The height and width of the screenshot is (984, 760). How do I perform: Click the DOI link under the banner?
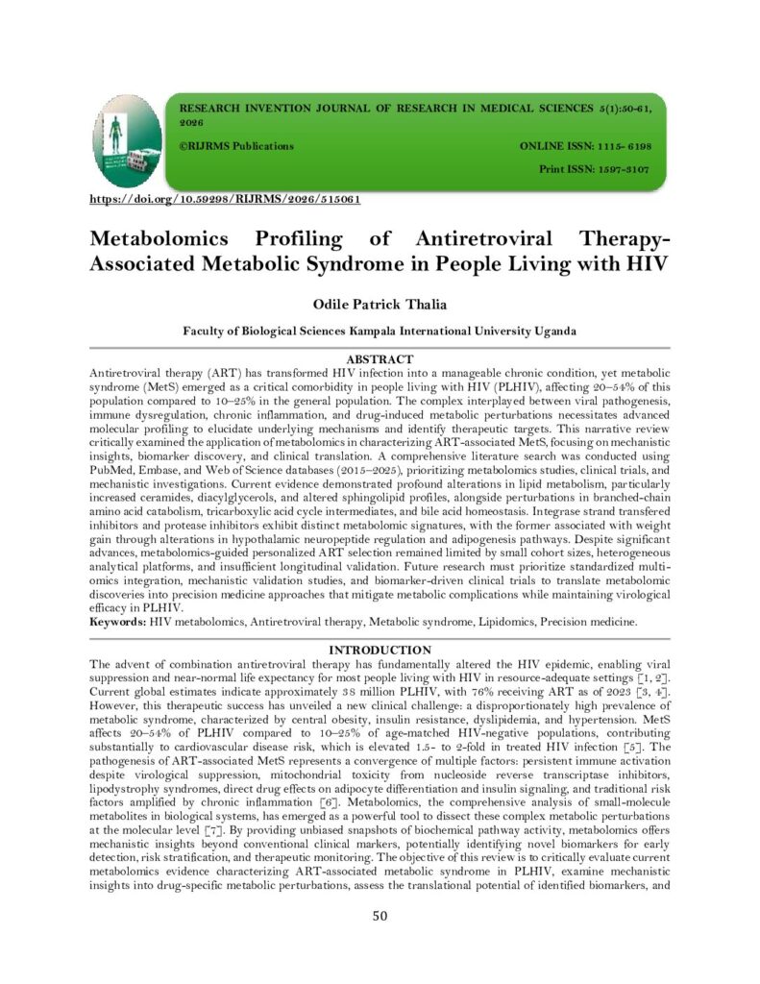click(x=224, y=200)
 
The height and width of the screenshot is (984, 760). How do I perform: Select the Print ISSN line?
click(x=594, y=168)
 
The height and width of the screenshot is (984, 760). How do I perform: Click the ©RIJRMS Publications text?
click(x=236, y=145)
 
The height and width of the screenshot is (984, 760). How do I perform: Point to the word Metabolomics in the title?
click(x=159, y=238)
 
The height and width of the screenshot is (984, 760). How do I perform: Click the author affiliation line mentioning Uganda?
click(x=380, y=331)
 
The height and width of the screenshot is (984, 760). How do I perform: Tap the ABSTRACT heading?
click(x=380, y=359)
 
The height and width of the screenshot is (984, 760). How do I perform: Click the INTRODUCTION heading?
click(x=380, y=651)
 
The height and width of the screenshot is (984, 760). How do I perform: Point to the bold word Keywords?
click(x=117, y=622)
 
